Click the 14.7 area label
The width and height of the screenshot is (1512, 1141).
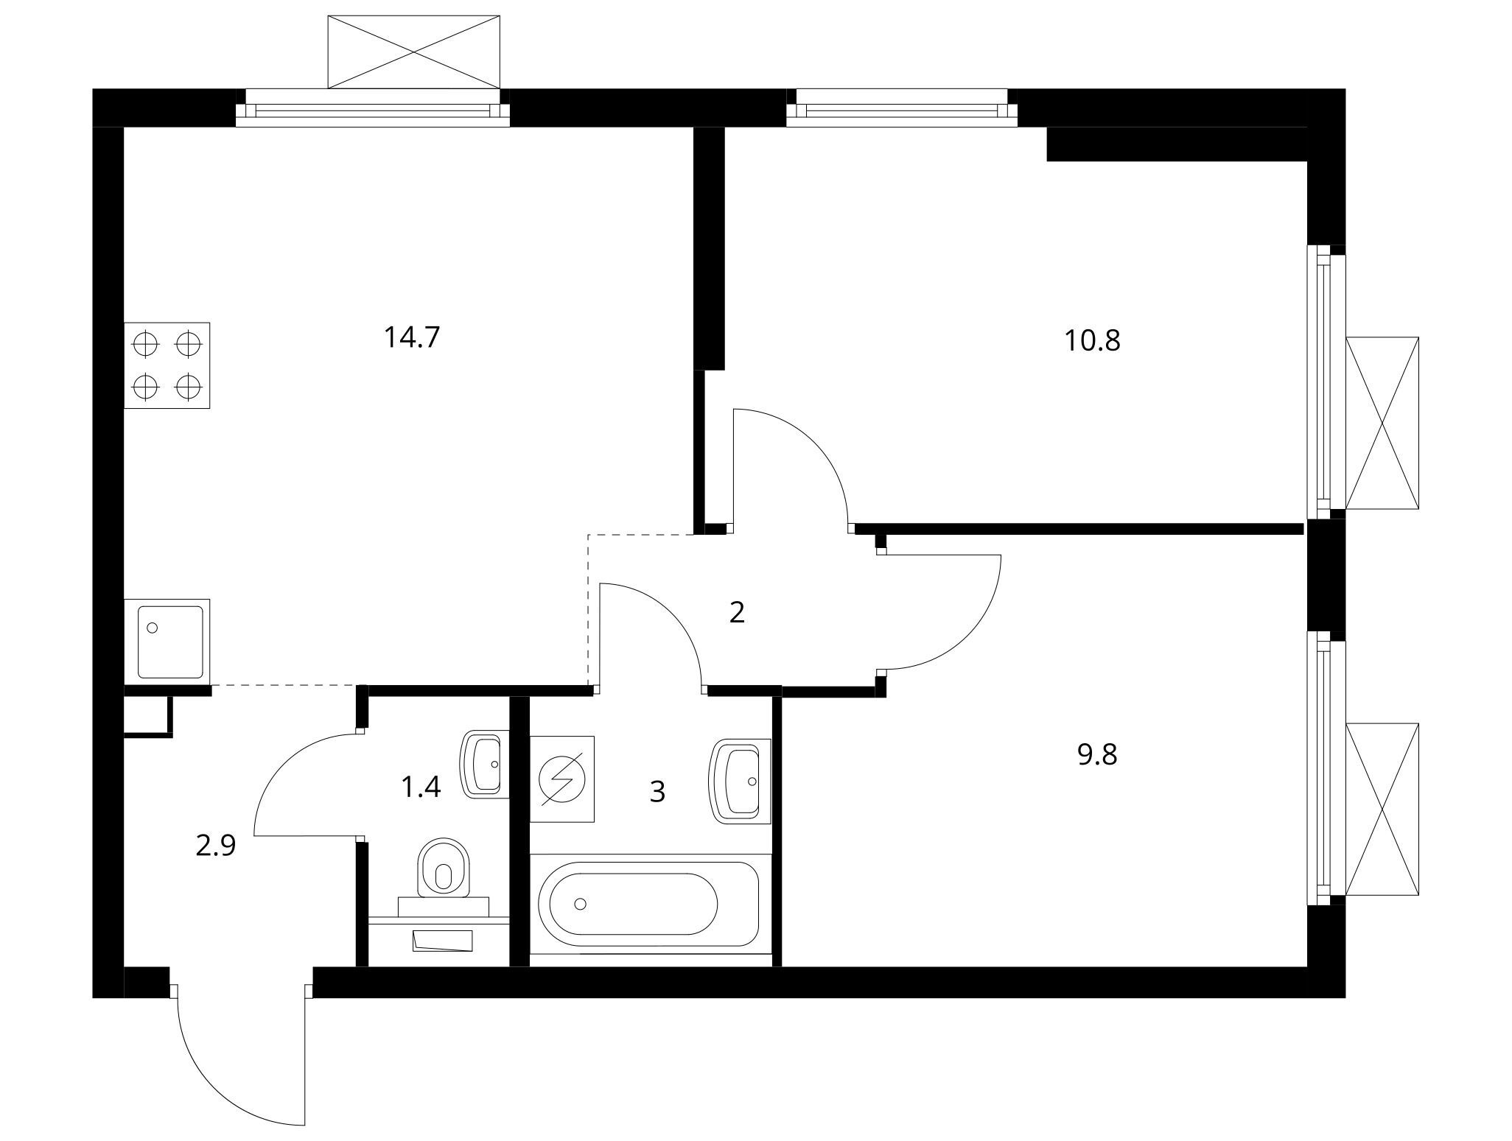411,337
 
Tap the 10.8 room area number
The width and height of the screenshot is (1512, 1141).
1092,340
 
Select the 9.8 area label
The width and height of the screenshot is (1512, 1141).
1097,754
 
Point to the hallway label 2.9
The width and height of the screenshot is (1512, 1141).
215,846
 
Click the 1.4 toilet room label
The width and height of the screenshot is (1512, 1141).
420,787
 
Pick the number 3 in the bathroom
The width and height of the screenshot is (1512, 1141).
657,792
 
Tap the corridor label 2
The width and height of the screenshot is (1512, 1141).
737,612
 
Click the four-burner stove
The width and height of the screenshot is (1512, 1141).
167,365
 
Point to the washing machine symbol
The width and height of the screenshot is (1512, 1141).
562,779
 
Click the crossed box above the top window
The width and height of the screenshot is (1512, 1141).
414,52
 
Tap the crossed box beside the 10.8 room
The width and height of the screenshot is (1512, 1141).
1382,423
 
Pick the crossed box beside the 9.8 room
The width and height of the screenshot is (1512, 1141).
1382,809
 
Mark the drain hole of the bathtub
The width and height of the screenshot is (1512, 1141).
581,904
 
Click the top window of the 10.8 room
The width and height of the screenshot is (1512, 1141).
902,108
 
